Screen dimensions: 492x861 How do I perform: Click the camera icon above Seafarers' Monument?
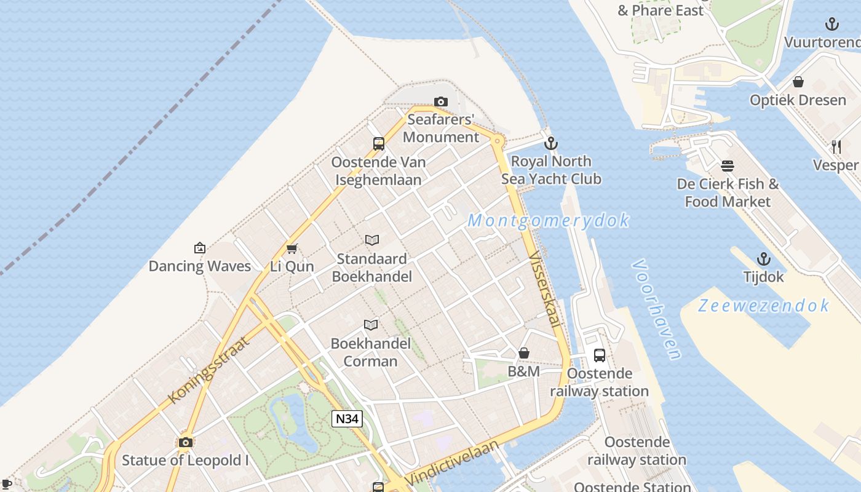[x=440, y=101]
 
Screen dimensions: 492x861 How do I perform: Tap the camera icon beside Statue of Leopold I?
[x=185, y=442]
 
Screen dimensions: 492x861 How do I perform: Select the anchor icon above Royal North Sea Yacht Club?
[x=551, y=143]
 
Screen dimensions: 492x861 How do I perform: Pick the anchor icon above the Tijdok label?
[x=763, y=259]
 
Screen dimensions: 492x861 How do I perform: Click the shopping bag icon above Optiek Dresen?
[x=798, y=82]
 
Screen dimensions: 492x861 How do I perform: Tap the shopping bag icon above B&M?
[x=524, y=353]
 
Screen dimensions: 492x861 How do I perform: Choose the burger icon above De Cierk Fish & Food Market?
[x=728, y=165]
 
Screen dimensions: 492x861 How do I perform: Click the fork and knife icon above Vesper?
[x=836, y=146]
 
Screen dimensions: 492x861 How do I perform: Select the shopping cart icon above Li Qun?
[x=292, y=248]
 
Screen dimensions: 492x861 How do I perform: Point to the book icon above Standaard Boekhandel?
[x=372, y=240]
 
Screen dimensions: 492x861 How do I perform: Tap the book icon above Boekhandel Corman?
[x=371, y=325]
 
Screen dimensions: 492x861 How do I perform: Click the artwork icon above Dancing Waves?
[x=200, y=248]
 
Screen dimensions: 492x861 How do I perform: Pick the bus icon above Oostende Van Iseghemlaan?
[x=379, y=144]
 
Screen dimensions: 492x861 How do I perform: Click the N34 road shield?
[x=347, y=419]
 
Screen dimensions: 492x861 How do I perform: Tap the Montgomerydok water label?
[x=549, y=220]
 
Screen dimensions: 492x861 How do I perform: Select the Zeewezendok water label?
[x=763, y=305]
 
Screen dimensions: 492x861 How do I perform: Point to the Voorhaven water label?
[x=656, y=309]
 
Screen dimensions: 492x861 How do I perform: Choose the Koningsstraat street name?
[x=208, y=370]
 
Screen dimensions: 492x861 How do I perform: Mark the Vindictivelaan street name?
[x=452, y=462]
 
